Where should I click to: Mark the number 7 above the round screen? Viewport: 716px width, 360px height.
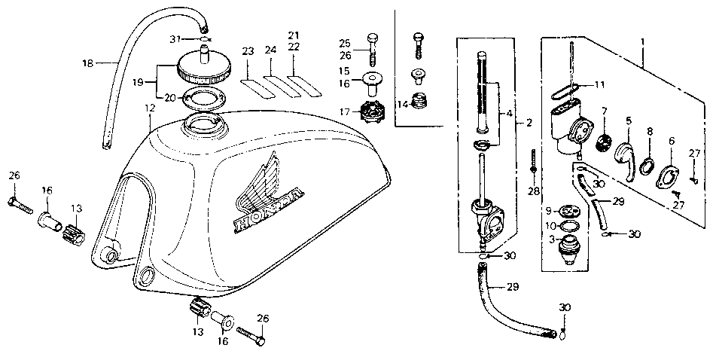coord(604,111)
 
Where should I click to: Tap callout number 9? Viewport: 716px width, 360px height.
coord(549,210)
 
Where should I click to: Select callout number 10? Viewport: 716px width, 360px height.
coord(550,225)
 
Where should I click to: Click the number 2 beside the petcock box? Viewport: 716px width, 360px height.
coord(529,122)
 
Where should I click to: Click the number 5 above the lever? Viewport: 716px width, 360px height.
coord(628,119)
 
